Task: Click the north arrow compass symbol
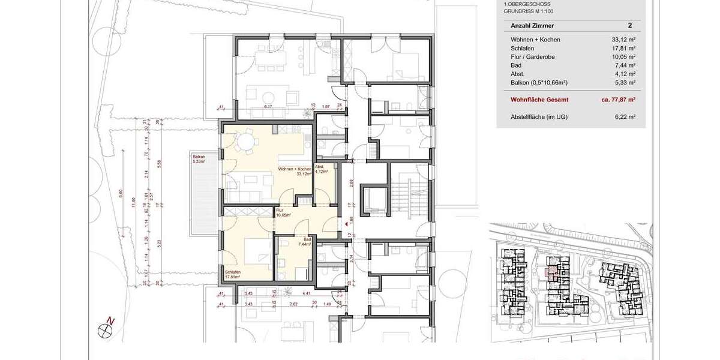pos(107,327)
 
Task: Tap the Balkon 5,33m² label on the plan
pos(199,159)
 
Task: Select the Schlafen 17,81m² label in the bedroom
pos(233,274)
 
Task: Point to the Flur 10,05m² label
pos(283,212)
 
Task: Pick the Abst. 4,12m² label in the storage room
pos(320,169)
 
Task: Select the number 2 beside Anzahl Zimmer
pos(629,26)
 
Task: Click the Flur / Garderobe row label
pos(533,56)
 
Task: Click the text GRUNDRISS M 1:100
pos(528,11)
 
